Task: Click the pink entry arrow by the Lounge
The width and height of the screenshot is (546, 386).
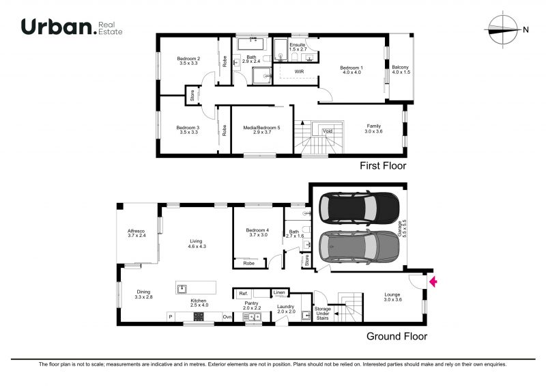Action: (x=433, y=281)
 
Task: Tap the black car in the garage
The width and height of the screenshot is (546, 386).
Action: (x=359, y=208)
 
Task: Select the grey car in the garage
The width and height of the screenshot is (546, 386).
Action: (x=359, y=246)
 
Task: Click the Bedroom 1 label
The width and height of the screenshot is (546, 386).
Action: (x=351, y=70)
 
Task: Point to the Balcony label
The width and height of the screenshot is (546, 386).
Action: (x=401, y=70)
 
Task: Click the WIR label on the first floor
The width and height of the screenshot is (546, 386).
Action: (x=299, y=72)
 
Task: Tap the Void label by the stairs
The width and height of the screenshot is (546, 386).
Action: (x=328, y=131)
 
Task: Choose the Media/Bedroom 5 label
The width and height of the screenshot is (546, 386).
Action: (x=261, y=130)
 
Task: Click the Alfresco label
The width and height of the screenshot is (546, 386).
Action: (x=136, y=233)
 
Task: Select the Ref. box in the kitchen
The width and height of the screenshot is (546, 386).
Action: (x=244, y=294)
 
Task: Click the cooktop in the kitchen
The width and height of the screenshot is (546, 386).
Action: (x=199, y=316)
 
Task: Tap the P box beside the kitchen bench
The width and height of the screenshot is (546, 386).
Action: (x=171, y=316)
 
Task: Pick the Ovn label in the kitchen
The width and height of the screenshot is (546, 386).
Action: (x=227, y=316)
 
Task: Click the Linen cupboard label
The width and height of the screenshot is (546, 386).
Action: (x=279, y=292)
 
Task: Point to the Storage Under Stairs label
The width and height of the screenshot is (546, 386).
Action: (x=322, y=314)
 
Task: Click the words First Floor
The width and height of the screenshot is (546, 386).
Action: (x=383, y=165)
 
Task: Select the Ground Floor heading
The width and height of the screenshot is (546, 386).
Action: (x=397, y=337)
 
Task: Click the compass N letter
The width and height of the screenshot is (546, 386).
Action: (x=526, y=30)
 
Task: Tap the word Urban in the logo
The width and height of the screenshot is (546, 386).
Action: (x=57, y=27)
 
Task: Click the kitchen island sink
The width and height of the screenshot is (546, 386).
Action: (x=182, y=289)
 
